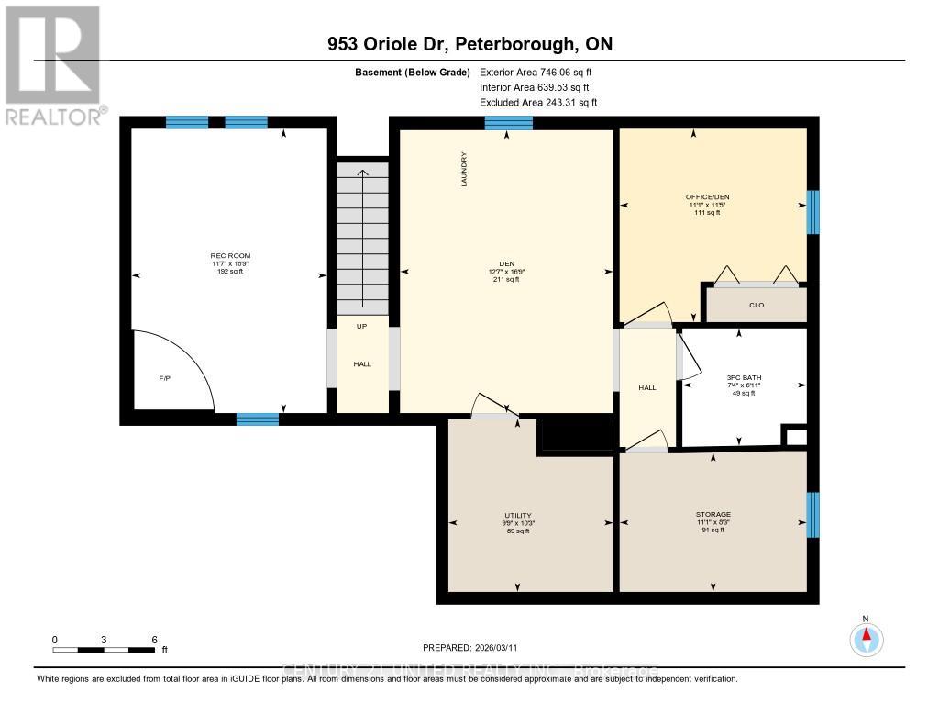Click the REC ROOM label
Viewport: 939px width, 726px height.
pyautogui.click(x=230, y=256)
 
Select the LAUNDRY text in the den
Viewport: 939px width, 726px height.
pyautogui.click(x=465, y=170)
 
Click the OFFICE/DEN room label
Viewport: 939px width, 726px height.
pyautogui.click(x=707, y=196)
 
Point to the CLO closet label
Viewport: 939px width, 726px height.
pyautogui.click(x=757, y=306)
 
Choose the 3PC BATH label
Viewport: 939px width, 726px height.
pyautogui.click(x=745, y=377)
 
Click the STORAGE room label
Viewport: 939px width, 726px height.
pyautogui.click(x=713, y=514)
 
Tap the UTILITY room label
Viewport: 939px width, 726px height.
pyautogui.click(x=517, y=515)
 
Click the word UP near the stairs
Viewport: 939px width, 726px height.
pyautogui.click(x=362, y=326)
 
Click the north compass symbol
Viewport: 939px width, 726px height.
pyautogui.click(x=866, y=636)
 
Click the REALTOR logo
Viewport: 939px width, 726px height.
pyautogui.click(x=53, y=64)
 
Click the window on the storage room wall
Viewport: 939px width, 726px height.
pyautogui.click(x=812, y=514)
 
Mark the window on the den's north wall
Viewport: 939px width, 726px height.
pyautogui.click(x=508, y=123)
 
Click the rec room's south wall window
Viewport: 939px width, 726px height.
pyautogui.click(x=258, y=419)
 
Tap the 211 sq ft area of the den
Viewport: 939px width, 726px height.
pyautogui.click(x=506, y=280)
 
